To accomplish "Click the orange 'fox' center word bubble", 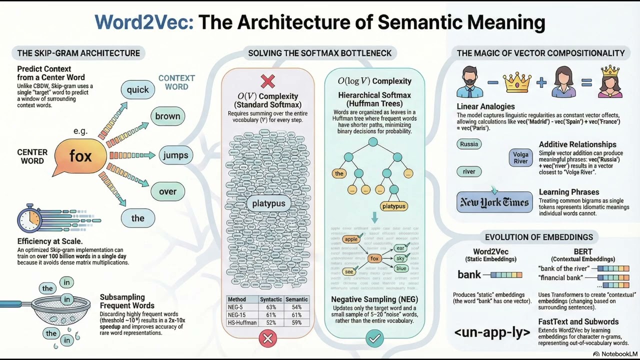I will pos(80,156).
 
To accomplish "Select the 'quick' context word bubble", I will pos(137,89).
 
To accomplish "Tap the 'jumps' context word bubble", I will pos(175,155).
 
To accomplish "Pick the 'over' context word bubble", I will pos(167,191).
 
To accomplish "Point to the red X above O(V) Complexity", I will pos(268,81).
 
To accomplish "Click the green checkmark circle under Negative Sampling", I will pos(374,338).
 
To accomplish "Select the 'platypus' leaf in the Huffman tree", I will pos(394,206).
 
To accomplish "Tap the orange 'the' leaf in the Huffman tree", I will pos(339,173).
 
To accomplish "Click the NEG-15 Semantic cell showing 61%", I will pos(297,315).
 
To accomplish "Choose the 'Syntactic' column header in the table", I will pos(271,299).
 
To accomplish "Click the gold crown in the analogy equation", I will pos(517,81).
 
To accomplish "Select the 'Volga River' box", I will pos(520,157).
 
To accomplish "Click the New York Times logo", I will pos(494,202).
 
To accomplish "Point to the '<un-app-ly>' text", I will pos(492,332).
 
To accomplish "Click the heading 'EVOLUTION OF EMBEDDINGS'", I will pos(539,237).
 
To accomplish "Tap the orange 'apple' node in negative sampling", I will pos(351,239).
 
